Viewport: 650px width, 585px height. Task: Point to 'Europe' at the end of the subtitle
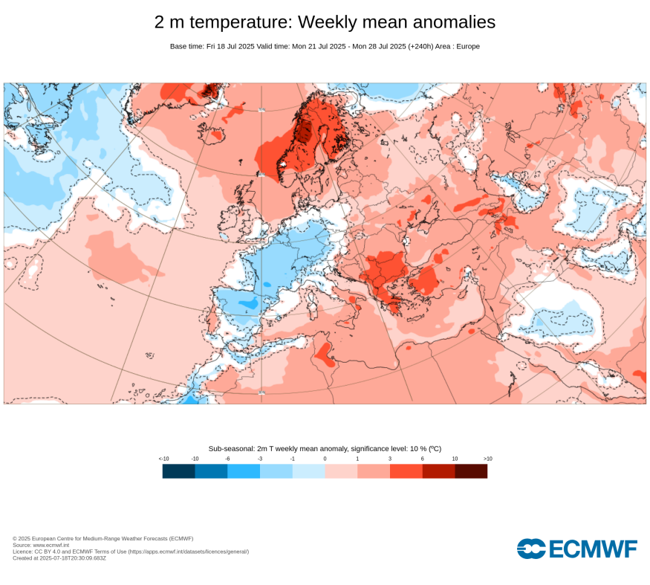468,46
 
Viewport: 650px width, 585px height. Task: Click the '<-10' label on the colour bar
164,459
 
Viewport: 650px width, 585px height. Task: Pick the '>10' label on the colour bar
487,459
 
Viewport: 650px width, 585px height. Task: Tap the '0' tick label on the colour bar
325,459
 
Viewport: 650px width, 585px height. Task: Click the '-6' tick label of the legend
227,459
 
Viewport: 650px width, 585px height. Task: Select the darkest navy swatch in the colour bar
178,471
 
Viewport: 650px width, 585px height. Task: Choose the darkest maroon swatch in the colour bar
471,471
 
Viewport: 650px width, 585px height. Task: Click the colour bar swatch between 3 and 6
406,471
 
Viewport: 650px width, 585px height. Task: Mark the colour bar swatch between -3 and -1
276,471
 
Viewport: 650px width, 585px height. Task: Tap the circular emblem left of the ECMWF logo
530,549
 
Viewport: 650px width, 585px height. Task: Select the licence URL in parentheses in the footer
189,552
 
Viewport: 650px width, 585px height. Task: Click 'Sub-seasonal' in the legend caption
230,448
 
